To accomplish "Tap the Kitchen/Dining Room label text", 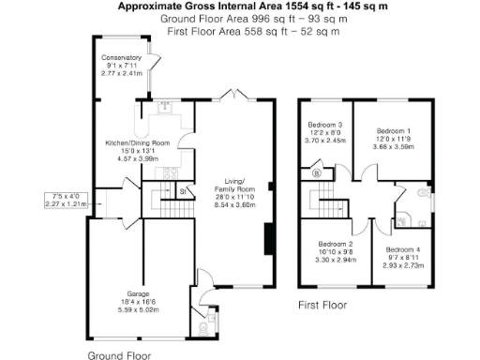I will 137,143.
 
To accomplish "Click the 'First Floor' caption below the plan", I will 322,305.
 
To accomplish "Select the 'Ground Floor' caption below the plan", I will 119,355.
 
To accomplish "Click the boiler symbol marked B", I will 317,172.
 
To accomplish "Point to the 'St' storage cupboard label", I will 183,191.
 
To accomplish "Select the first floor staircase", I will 327,199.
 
